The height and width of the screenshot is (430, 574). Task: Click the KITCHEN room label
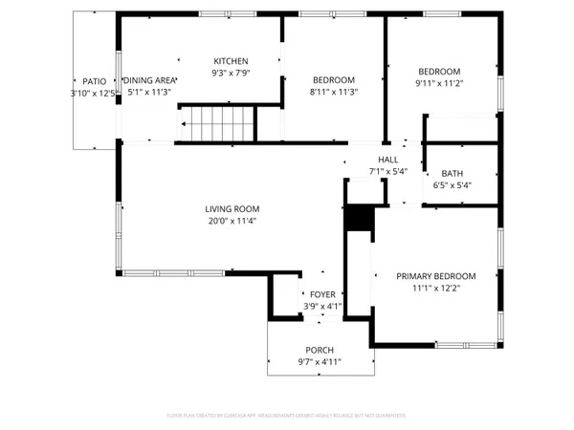click(x=231, y=59)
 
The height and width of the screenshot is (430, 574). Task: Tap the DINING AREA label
click(x=148, y=80)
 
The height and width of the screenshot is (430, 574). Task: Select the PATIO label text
click(x=94, y=81)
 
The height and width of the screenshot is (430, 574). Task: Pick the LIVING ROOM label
click(x=232, y=208)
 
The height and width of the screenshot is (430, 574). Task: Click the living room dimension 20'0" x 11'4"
click(x=232, y=221)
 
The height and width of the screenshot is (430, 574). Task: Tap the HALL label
click(x=387, y=160)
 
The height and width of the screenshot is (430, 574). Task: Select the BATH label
click(x=453, y=173)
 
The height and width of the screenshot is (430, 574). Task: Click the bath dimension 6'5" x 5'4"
click(x=453, y=185)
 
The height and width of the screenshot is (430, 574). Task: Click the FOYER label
click(x=322, y=295)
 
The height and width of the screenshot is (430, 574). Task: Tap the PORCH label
click(x=320, y=351)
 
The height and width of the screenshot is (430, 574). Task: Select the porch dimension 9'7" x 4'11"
click(x=320, y=362)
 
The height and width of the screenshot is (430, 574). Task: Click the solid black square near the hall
click(x=358, y=219)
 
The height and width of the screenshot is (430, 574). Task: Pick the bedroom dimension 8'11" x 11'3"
click(x=334, y=93)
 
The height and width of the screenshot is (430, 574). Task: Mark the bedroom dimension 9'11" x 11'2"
click(x=439, y=84)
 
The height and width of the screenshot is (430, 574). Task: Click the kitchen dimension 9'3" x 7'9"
click(x=231, y=72)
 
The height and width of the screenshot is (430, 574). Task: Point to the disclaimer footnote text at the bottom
click(x=287, y=416)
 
